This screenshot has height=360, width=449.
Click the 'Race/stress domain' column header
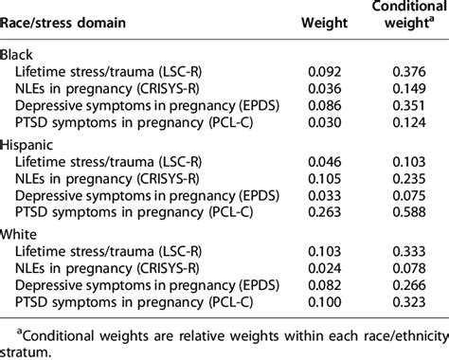point(64,26)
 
